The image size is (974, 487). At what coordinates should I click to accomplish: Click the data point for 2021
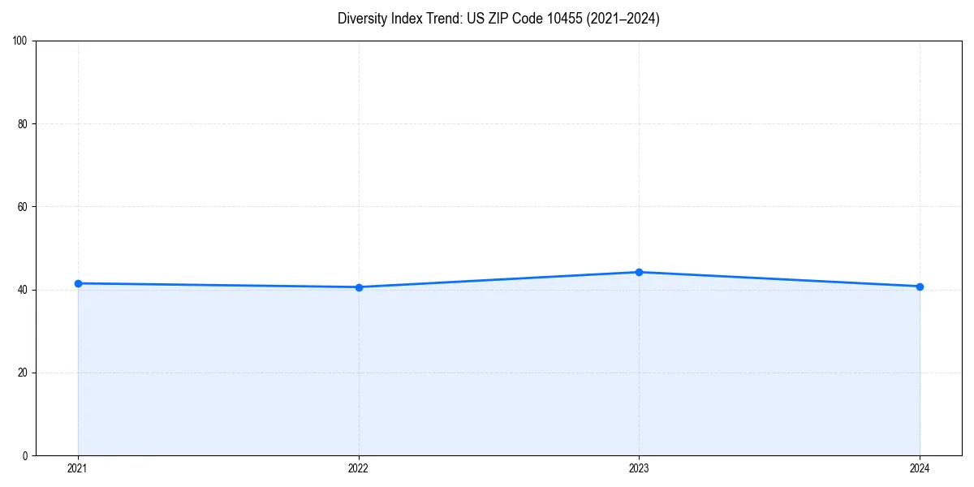[78, 283]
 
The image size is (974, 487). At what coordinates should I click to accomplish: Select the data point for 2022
[359, 287]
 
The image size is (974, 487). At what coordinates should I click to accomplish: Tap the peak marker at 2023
[639, 272]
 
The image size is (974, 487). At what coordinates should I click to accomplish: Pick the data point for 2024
[920, 287]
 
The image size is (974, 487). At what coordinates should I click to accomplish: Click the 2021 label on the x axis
[78, 468]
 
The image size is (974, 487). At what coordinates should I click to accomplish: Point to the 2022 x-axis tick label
[359, 468]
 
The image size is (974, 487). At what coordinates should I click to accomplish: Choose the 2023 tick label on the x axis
[639, 468]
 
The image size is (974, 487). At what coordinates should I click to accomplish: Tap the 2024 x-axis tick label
[920, 468]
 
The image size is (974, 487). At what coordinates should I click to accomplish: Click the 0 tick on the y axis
[25, 455]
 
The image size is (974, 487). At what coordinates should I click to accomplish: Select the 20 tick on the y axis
[23, 373]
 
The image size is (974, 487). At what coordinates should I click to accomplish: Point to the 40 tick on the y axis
[23, 290]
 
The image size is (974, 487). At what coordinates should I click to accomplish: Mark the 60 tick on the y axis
[23, 207]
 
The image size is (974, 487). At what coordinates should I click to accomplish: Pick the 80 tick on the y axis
[23, 124]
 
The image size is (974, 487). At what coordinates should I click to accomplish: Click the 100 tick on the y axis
[20, 41]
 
